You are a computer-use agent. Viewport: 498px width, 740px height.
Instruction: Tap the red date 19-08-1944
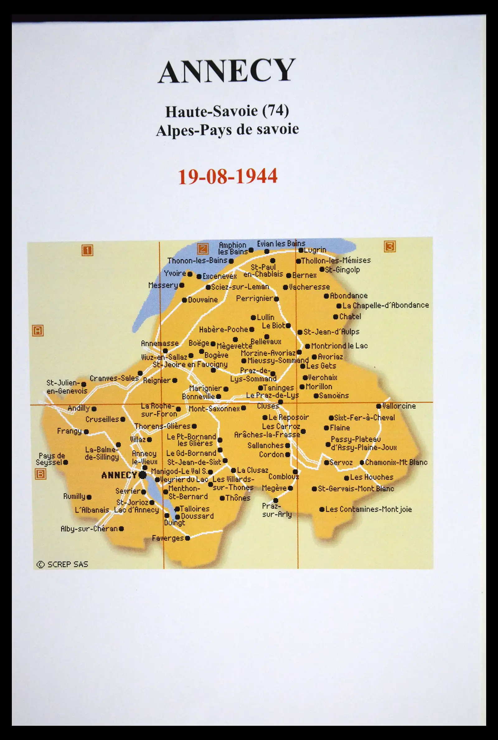[x=228, y=176]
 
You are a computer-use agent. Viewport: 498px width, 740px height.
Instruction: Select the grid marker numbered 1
[x=87, y=251]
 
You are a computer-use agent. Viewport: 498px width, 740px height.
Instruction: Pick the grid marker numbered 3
[x=390, y=246]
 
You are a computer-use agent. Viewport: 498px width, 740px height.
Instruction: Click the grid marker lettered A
[x=38, y=331]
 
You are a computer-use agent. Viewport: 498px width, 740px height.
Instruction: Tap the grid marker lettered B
[x=40, y=474]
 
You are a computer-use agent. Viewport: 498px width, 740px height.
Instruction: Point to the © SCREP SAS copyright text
[x=62, y=565]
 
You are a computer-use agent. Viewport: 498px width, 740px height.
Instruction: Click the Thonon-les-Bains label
[x=197, y=261]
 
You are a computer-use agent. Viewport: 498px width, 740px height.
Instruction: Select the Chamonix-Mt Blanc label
[x=396, y=462]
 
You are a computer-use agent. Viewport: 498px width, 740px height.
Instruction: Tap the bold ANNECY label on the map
[x=119, y=475]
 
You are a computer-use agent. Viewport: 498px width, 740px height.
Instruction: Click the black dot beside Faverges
[x=187, y=538]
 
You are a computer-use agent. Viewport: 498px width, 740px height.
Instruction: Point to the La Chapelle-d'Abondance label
[x=386, y=305]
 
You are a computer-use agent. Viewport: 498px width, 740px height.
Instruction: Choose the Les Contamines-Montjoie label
[x=369, y=509]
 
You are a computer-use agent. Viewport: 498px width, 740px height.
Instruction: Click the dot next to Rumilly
[x=89, y=497]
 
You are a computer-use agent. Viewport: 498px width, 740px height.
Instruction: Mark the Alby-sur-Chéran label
[x=89, y=529]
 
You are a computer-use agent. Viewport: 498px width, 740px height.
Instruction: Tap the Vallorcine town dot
[x=378, y=406]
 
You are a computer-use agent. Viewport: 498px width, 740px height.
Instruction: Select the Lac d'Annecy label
[x=136, y=510]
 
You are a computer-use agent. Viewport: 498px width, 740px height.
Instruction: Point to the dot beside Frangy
[x=86, y=432]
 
